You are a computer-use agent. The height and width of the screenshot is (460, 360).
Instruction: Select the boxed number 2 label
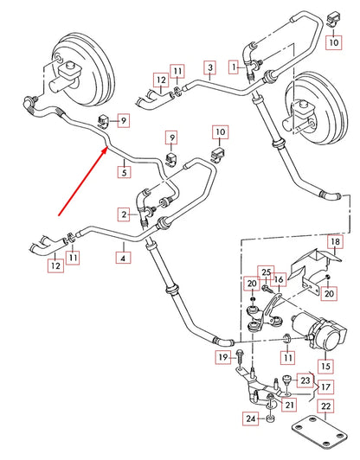(x=125, y=214)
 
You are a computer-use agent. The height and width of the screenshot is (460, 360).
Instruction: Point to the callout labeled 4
(x=125, y=257)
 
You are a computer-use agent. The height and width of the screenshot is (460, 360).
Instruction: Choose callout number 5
(x=125, y=171)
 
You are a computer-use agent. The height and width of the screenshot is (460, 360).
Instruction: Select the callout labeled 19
(x=223, y=357)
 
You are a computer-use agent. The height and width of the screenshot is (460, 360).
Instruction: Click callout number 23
(x=305, y=380)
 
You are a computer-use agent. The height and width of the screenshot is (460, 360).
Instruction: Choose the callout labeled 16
(x=280, y=281)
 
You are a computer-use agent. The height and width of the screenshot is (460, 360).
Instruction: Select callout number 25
(x=266, y=272)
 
